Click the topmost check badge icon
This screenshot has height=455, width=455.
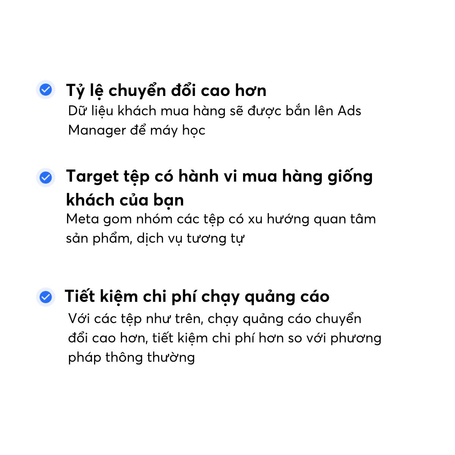point(45,89)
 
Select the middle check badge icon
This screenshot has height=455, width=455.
point(45,177)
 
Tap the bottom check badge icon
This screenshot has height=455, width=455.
point(45,297)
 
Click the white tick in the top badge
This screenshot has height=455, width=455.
point(45,89)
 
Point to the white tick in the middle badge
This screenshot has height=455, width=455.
point(45,177)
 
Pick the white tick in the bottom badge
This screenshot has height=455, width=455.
point(45,297)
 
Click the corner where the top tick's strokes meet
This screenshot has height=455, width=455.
point(44,91)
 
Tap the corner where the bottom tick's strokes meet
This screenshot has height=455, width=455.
point(44,299)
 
